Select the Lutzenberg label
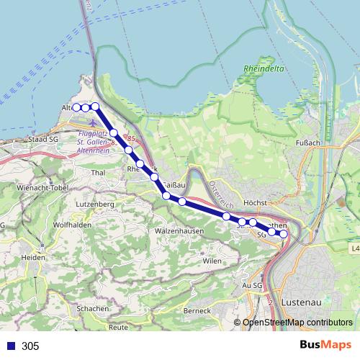[x=95, y=204]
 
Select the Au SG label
[x=252, y=286]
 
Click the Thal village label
[x=99, y=174]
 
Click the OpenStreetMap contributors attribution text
[x=296, y=323]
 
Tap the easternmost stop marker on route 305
[x=284, y=233]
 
